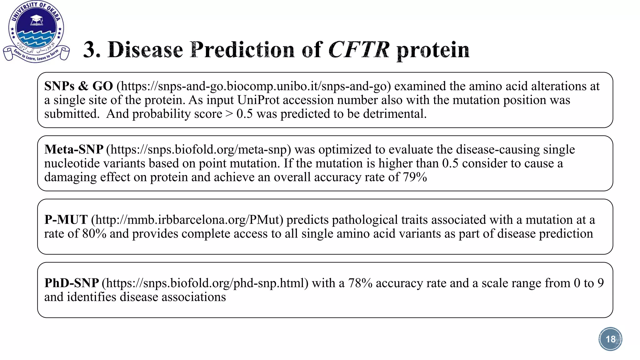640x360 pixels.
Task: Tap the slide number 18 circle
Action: pos(610,339)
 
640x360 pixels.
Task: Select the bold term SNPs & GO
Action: pos(78,86)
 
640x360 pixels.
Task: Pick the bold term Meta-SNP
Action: pos(74,150)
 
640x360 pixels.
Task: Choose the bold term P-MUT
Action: pos(66,220)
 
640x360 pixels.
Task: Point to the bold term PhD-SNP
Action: pos(72,283)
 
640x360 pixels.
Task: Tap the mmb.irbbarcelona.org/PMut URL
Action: pos(187,220)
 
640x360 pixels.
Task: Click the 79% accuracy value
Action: pos(415,177)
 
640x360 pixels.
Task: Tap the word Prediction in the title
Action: pos(242,50)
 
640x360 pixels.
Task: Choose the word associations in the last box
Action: pos(194,297)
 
